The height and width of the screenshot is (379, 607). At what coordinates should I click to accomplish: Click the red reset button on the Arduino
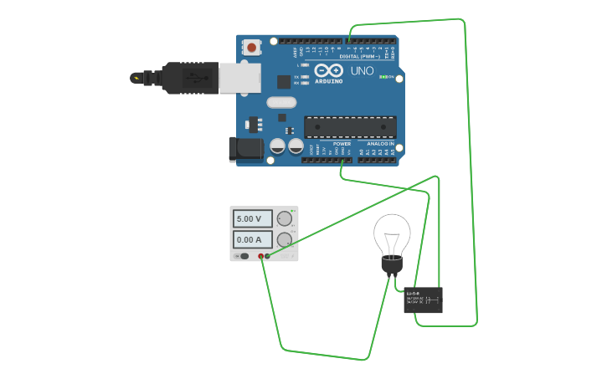tap(251, 48)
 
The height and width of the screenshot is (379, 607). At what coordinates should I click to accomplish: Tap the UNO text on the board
tap(363, 71)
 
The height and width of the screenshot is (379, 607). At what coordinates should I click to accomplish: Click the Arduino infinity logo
tap(329, 71)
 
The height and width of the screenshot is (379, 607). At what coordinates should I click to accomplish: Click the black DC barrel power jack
tap(243, 150)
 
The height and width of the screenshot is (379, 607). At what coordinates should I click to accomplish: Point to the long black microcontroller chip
tap(349, 126)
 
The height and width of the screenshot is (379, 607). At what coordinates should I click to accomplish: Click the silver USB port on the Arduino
tap(239, 78)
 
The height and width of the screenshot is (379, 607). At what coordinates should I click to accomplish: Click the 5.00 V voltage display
tap(252, 219)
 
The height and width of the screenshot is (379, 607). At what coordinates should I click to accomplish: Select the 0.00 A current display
tap(252, 239)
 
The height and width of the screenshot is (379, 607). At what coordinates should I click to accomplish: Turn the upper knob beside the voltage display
tap(285, 219)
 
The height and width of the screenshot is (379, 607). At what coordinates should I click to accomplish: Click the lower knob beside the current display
tap(285, 240)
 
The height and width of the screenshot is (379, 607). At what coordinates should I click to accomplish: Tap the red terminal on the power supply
tap(261, 256)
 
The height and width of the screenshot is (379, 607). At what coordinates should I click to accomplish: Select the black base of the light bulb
tap(392, 266)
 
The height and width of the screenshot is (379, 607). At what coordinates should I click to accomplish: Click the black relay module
tap(423, 300)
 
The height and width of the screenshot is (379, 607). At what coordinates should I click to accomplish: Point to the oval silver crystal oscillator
tap(281, 103)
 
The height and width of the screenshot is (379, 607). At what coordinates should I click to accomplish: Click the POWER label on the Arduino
tap(342, 144)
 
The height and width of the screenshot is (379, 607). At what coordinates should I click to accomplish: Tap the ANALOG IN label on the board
tap(381, 144)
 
